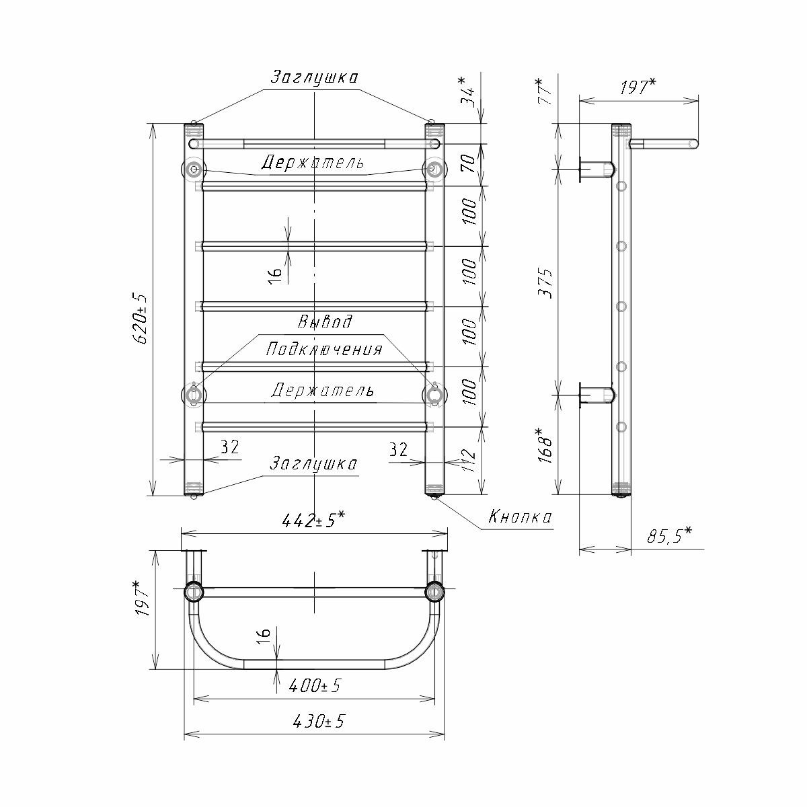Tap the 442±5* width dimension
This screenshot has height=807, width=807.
pyautogui.click(x=313, y=521)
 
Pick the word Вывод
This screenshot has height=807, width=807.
pyautogui.click(x=325, y=321)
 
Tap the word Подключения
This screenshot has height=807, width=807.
pyautogui.click(x=324, y=349)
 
